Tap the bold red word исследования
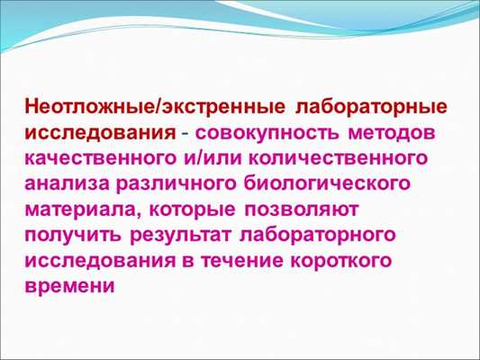point(99,133)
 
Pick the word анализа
point(67,184)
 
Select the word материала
point(79,211)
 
